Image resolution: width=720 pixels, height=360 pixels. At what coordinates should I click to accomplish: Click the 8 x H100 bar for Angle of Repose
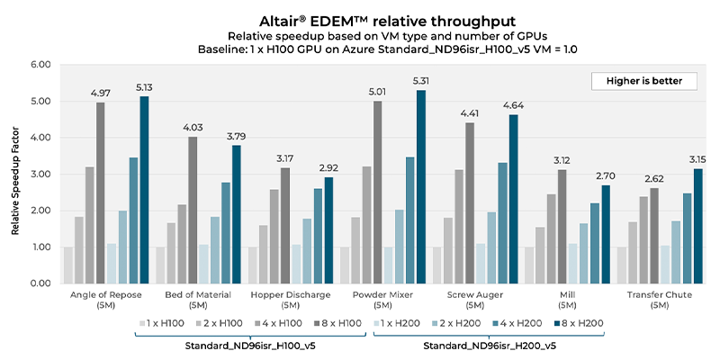(x=101, y=193)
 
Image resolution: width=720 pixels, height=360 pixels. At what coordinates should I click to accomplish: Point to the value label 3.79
(x=238, y=136)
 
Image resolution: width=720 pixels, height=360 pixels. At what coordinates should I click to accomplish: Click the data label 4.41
(x=469, y=113)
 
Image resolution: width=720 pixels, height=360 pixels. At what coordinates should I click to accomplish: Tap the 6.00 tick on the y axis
(x=39, y=65)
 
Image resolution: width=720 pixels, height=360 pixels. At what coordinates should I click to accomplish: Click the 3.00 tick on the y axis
(x=39, y=174)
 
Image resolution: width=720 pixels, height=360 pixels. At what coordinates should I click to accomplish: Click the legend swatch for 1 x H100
(x=142, y=322)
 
